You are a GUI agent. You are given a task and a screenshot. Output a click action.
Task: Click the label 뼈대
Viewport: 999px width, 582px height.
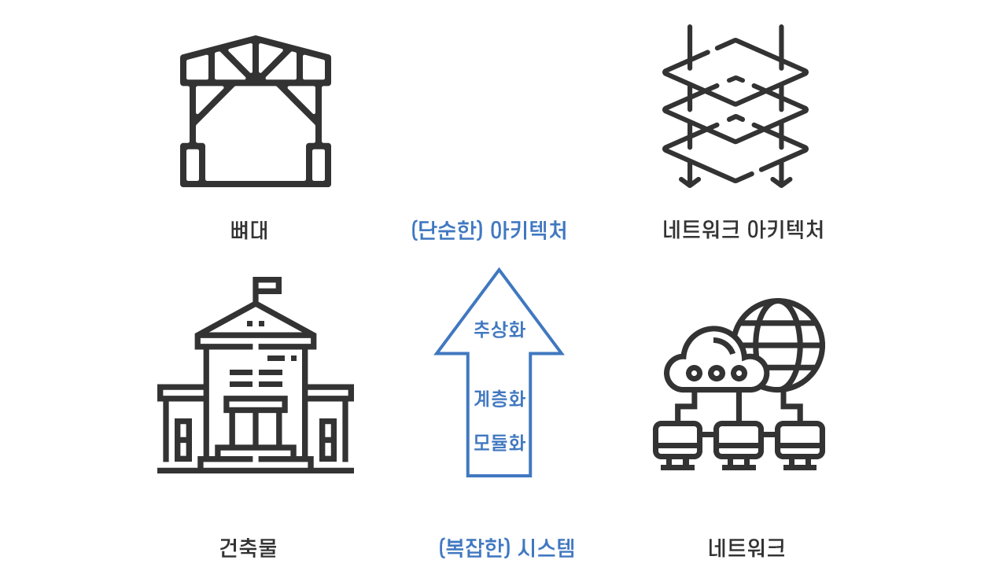249,230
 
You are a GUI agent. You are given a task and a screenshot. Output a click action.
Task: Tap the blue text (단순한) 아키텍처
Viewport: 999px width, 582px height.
488,230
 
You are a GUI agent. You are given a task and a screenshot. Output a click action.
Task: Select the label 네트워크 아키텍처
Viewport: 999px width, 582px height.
743,230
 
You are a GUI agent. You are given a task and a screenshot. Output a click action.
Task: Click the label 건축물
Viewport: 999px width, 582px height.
248,547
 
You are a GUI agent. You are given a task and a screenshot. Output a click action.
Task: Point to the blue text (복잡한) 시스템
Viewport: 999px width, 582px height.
506,547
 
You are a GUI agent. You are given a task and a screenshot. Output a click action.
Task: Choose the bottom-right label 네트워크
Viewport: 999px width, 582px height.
746,547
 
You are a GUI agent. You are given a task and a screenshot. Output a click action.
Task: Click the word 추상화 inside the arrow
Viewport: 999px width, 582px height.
499,330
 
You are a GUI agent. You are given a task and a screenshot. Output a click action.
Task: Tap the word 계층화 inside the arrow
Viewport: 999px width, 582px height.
499,399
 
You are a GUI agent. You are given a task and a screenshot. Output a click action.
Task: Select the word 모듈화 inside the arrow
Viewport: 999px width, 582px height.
499,443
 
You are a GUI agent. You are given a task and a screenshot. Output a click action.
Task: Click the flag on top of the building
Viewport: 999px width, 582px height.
267,285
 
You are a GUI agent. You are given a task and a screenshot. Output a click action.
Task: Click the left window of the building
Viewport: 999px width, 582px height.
183,439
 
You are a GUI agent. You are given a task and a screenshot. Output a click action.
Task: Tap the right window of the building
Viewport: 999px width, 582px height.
328,439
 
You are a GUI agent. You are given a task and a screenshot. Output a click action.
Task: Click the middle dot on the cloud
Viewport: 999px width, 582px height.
716,373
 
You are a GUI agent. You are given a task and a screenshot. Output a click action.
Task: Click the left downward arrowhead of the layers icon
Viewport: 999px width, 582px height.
690,182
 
